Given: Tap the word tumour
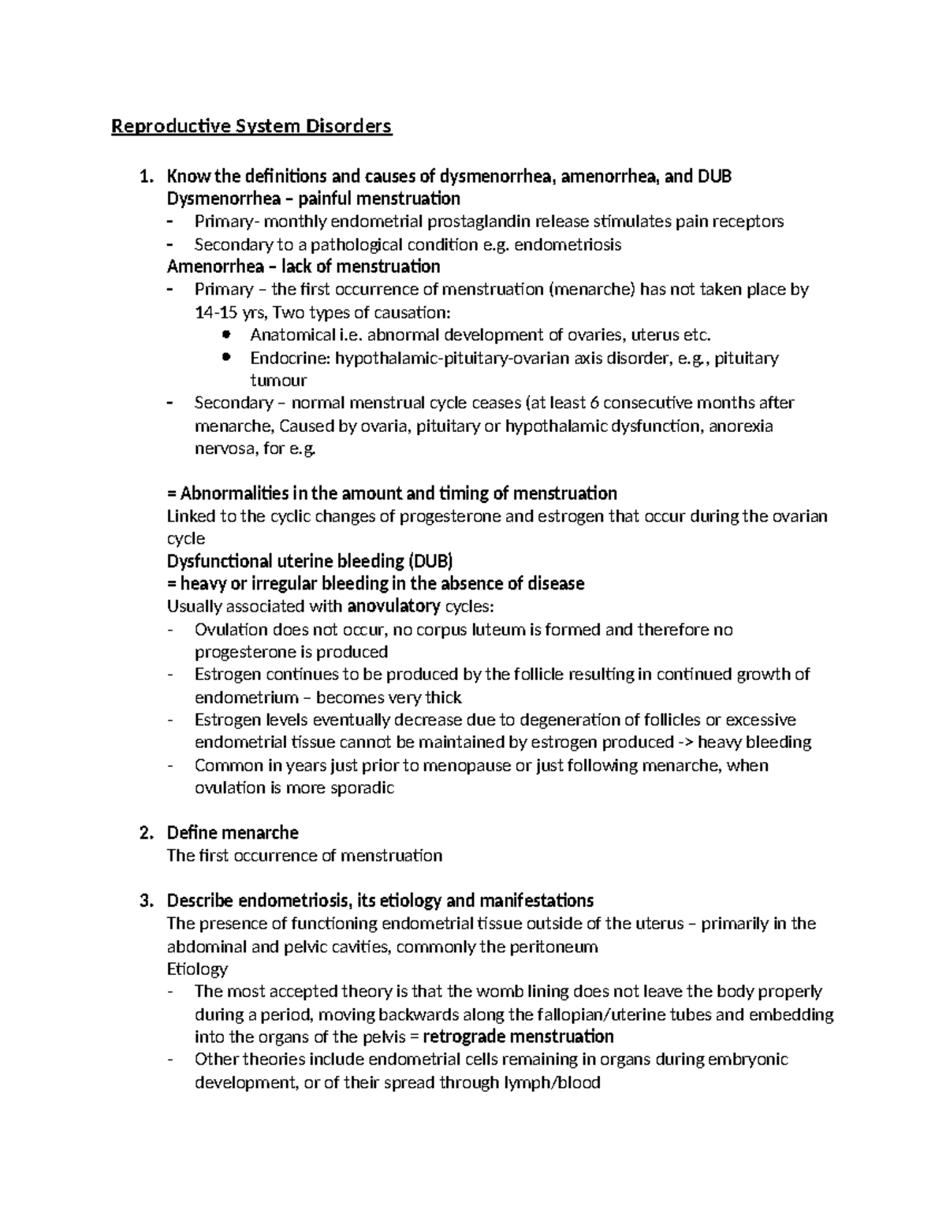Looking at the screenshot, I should [x=278, y=381].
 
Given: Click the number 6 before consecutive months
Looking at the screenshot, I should [x=594, y=403].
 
